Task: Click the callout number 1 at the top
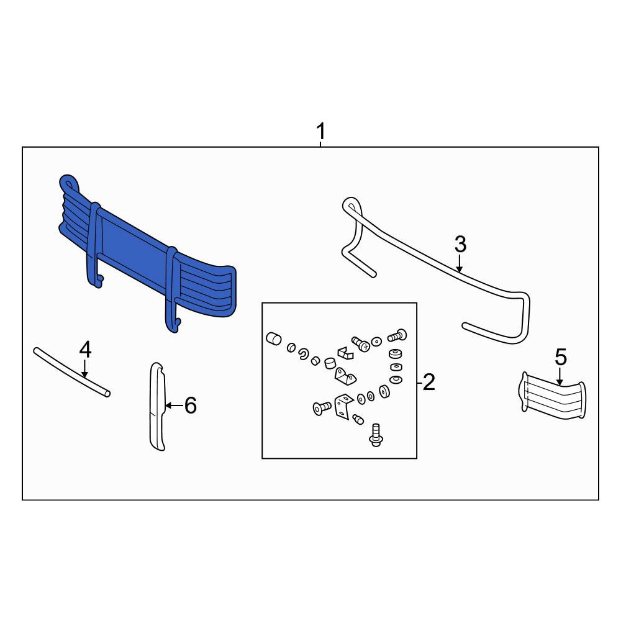coord(321,132)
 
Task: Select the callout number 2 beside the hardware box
coord(429,382)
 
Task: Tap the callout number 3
coord(460,244)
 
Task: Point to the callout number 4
coord(85,350)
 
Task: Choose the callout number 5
coord(561,357)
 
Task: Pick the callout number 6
coord(191,406)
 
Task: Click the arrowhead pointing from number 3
coord(460,269)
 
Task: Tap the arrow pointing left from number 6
coord(174,406)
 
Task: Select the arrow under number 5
coord(560,377)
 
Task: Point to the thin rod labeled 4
coord(71,372)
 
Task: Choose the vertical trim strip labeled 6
coord(157,406)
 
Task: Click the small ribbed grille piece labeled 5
coord(552,396)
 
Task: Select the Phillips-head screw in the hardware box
coord(360,343)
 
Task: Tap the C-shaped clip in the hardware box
coord(304,354)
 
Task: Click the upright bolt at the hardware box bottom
coord(375,435)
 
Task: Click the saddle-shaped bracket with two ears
coord(345,376)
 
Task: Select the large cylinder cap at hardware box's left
coord(274,340)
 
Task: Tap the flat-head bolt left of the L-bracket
coord(322,408)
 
